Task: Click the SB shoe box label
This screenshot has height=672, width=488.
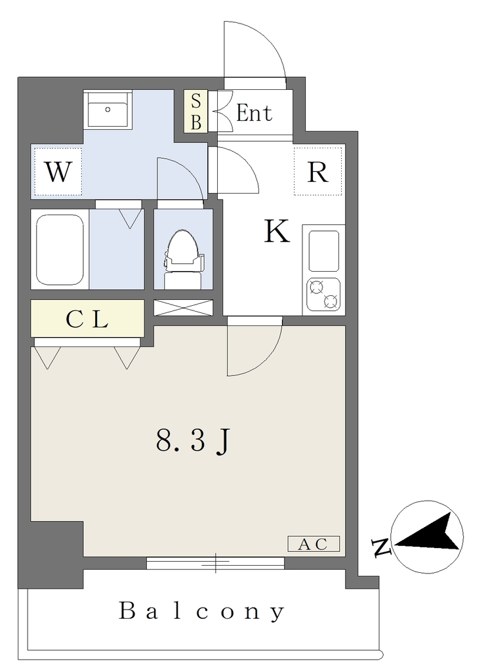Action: coord(196,111)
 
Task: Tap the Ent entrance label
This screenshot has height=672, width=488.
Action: coord(254,113)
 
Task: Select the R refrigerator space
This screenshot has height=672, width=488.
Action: coord(318,171)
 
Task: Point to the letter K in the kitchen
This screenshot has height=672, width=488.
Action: coord(276,231)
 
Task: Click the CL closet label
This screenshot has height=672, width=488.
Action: coord(87,319)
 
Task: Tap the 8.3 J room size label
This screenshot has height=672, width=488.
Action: coord(193,442)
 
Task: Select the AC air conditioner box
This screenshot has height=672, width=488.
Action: coord(314,544)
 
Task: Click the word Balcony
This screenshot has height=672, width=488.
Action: coord(201,611)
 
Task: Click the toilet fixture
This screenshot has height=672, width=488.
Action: coord(183,260)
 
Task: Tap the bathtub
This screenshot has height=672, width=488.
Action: coord(60,249)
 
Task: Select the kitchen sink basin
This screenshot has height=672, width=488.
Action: coord(324,251)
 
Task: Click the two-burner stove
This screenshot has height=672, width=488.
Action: coord(323,295)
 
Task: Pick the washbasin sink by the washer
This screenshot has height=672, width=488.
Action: coord(108,110)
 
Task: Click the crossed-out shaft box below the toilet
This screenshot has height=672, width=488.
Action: coord(184,308)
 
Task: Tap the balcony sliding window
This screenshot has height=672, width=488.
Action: coord(216,563)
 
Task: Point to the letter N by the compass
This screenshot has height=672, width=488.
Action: coord(380,547)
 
